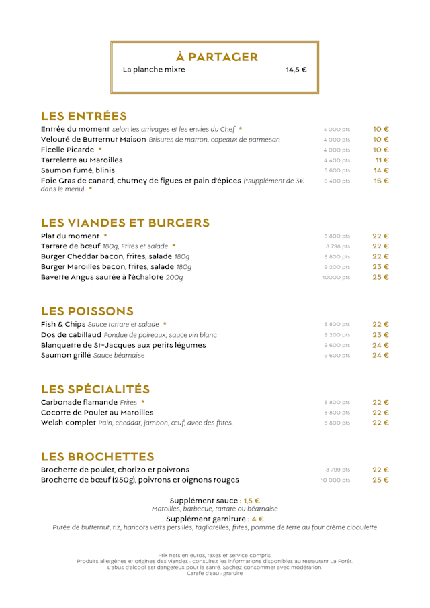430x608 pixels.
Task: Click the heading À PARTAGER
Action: tap(217, 57)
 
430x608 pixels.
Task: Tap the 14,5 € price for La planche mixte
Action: tap(296, 70)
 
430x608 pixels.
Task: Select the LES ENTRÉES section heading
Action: tap(84, 116)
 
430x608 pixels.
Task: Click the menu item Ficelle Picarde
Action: tap(68, 150)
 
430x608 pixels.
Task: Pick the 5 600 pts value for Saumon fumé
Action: tap(337, 171)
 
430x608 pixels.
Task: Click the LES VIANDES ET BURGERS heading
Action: tap(125, 223)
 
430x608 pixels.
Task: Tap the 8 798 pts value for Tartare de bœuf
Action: tap(337, 246)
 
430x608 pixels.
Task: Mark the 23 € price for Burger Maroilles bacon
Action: tap(381, 267)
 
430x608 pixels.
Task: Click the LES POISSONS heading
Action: tap(87, 311)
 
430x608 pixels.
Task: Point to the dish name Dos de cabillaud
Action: tap(71, 334)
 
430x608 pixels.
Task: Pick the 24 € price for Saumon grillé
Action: tap(381, 355)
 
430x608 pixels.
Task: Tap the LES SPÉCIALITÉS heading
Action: tap(95, 389)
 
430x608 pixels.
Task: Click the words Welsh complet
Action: tap(68, 423)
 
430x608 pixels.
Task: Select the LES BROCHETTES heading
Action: tap(97, 457)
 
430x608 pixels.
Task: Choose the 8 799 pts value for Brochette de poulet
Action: tap(337, 470)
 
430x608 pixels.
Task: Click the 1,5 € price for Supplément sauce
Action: tap(252, 501)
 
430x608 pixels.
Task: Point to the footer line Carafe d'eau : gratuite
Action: tap(215, 573)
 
